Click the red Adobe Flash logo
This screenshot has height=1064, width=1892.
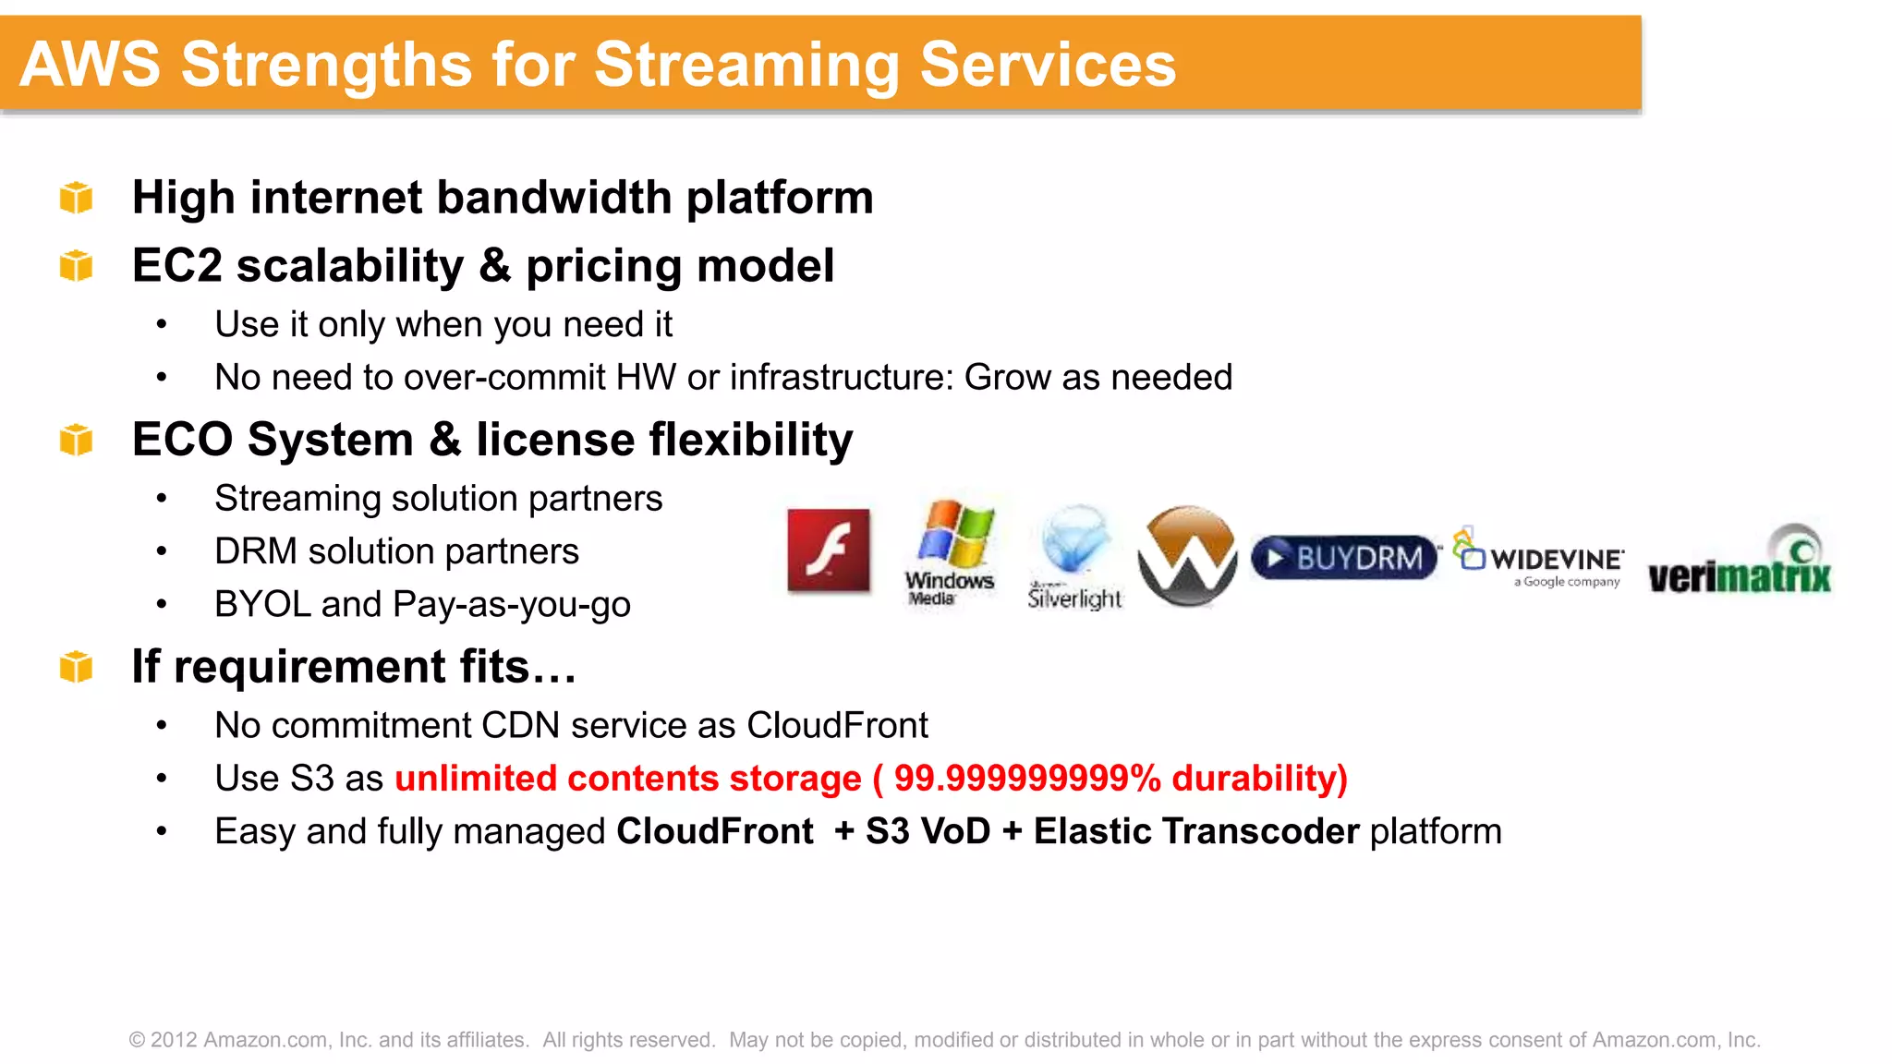pos(829,550)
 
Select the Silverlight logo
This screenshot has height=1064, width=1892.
pos(1074,558)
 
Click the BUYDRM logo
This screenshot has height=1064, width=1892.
pos(1345,558)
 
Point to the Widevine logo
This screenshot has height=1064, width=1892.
pos(1540,558)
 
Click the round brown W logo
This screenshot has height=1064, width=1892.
pos(1187,556)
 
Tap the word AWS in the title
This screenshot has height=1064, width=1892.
pos(91,65)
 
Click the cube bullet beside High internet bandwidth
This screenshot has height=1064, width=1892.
pos(77,198)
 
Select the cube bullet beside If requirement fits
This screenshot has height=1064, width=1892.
pos(77,667)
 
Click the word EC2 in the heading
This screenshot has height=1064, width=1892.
pos(177,266)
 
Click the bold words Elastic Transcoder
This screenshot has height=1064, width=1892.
pos(1196,831)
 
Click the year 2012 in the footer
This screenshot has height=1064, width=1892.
pos(174,1040)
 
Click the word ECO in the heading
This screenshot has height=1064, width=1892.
pos(182,440)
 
